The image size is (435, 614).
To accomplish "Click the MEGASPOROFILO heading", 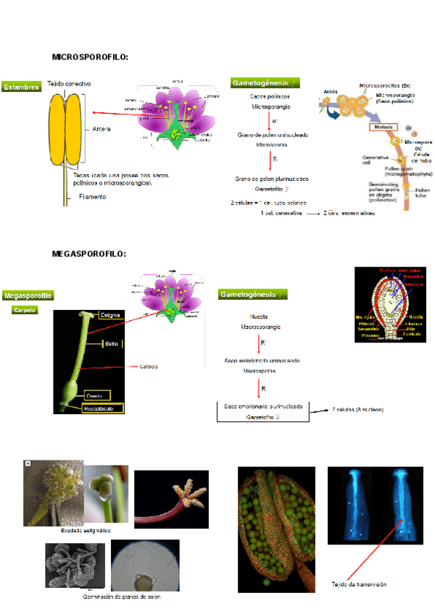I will [x=89, y=253].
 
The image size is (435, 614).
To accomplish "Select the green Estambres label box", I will [x=21, y=87].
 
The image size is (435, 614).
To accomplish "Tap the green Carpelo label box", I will [x=25, y=310].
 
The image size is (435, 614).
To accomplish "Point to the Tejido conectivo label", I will [x=70, y=84].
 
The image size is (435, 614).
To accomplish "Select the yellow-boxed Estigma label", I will [x=110, y=316].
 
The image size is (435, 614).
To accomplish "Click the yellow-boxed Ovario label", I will [x=94, y=395].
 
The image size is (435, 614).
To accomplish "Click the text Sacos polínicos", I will [x=270, y=96].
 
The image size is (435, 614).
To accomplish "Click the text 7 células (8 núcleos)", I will [x=358, y=410].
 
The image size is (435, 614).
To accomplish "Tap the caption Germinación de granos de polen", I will [x=122, y=597].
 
